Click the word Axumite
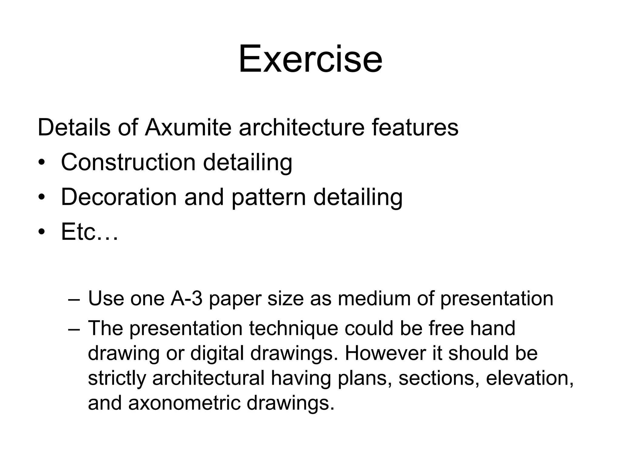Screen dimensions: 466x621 pos(188,127)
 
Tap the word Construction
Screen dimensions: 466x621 pos(128,162)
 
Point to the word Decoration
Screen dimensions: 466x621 pos(119,197)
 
